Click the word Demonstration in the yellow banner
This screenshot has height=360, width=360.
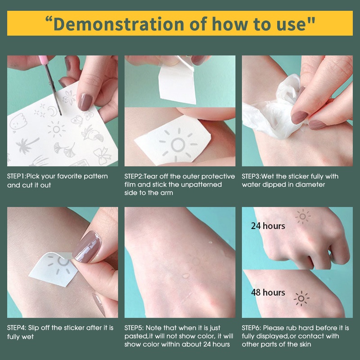click(x=119, y=24)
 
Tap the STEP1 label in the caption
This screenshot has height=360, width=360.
click(x=17, y=176)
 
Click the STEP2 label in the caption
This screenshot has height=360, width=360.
click(x=134, y=176)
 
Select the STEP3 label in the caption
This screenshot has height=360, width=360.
click(x=252, y=176)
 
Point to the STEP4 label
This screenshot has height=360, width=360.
click(x=17, y=328)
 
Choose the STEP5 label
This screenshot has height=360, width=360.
click(x=134, y=328)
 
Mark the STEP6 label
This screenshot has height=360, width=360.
click(x=252, y=328)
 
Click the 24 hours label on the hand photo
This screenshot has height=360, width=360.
click(x=268, y=226)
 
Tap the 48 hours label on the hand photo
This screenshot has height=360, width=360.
click(x=268, y=292)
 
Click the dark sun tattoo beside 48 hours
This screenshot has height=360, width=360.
click(x=301, y=298)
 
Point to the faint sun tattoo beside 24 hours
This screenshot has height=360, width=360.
click(x=303, y=216)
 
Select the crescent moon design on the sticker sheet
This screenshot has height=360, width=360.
click(x=52, y=111)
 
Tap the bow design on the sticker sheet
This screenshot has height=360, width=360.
click(x=103, y=156)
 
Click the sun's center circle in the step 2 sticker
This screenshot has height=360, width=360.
click(x=178, y=144)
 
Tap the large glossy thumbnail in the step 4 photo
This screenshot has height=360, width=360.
click(x=87, y=247)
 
